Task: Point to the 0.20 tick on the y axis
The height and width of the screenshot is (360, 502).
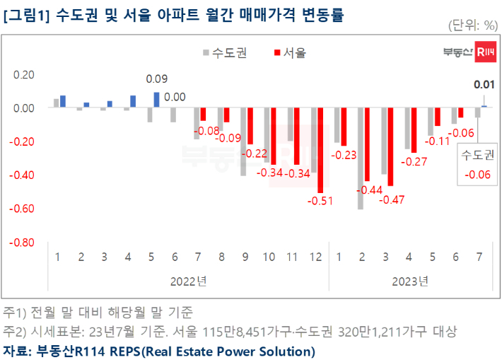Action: click(x=24, y=75)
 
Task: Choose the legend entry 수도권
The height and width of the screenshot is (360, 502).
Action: click(x=223, y=52)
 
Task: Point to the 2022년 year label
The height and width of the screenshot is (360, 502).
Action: click(x=188, y=281)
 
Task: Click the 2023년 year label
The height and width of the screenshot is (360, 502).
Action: click(x=410, y=281)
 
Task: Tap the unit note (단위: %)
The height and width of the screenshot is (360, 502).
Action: click(x=473, y=26)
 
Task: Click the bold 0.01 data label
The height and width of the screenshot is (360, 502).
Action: click(x=484, y=85)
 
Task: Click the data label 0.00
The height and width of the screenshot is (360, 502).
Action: click(x=175, y=98)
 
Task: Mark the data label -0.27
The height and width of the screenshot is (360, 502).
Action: click(x=414, y=162)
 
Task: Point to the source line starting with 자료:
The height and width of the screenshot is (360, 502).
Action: click(x=159, y=351)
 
